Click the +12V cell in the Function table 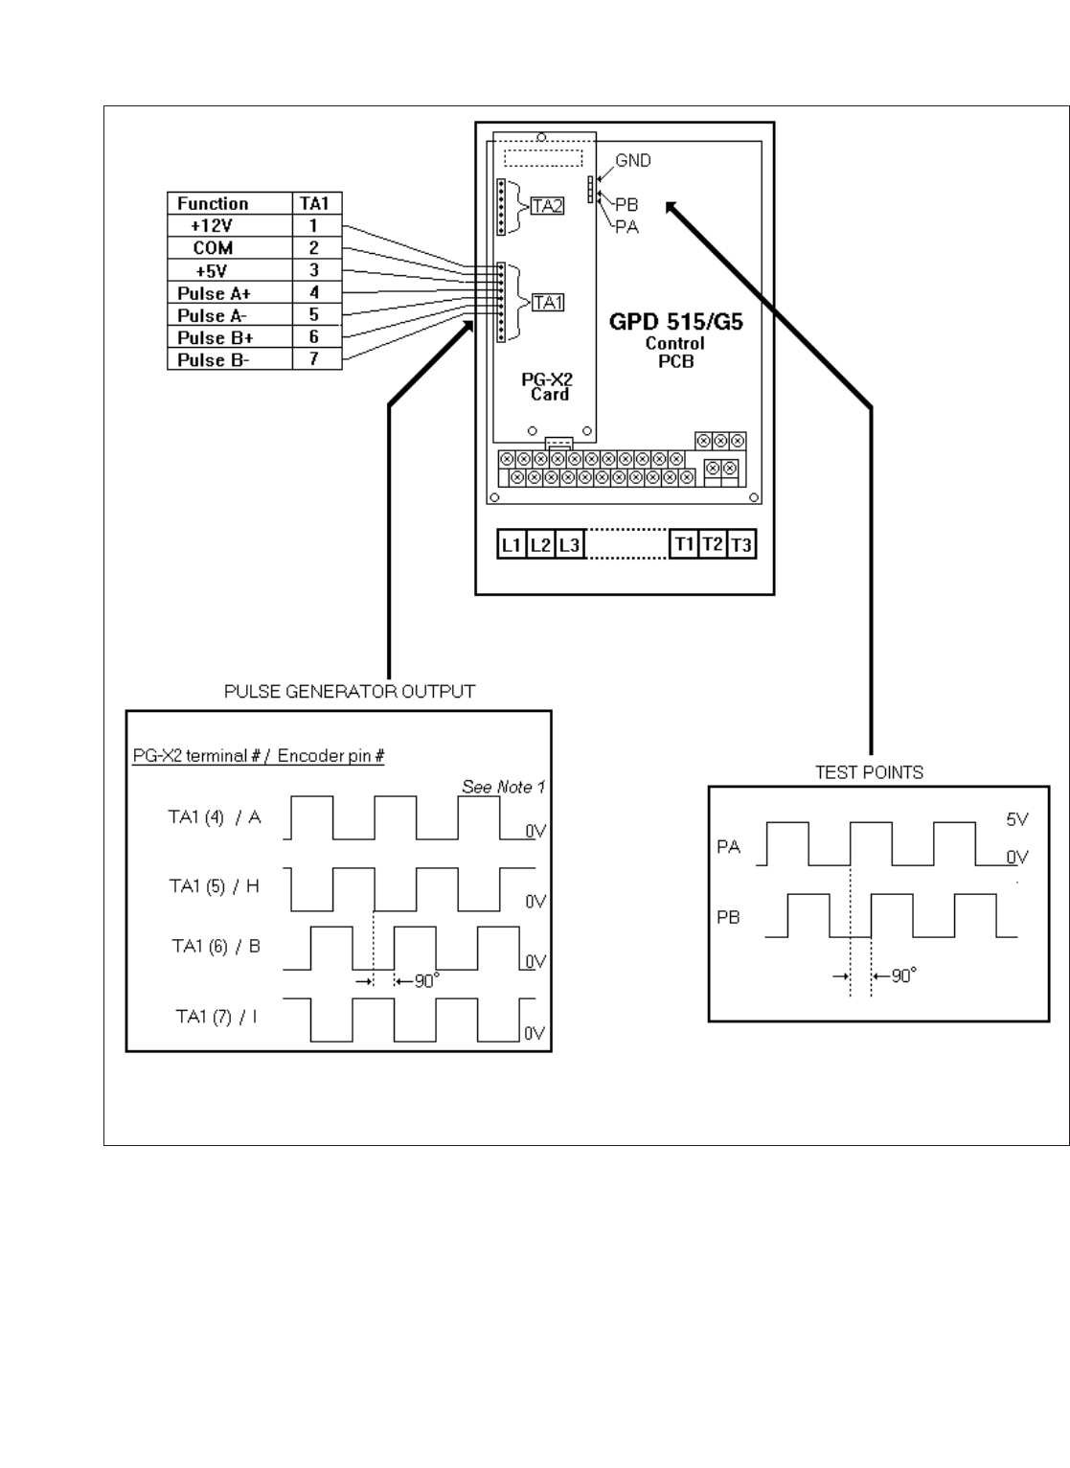coord(212,226)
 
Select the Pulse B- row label coord(213,360)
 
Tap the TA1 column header coord(314,203)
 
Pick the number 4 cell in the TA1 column coord(314,292)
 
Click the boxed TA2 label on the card coord(547,205)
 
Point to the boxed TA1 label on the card coord(547,303)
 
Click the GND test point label coord(632,160)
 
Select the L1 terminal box coord(512,545)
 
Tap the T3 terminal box coord(741,545)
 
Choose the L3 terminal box coord(570,545)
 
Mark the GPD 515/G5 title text coord(675,322)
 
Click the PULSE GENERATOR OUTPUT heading coord(350,691)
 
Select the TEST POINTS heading coord(869,772)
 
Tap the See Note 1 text coord(503,787)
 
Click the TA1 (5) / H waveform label coord(215,885)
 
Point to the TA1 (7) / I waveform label coord(216,1016)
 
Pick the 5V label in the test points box coord(1016,820)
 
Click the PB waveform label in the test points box coord(729,917)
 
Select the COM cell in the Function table coord(213,248)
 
